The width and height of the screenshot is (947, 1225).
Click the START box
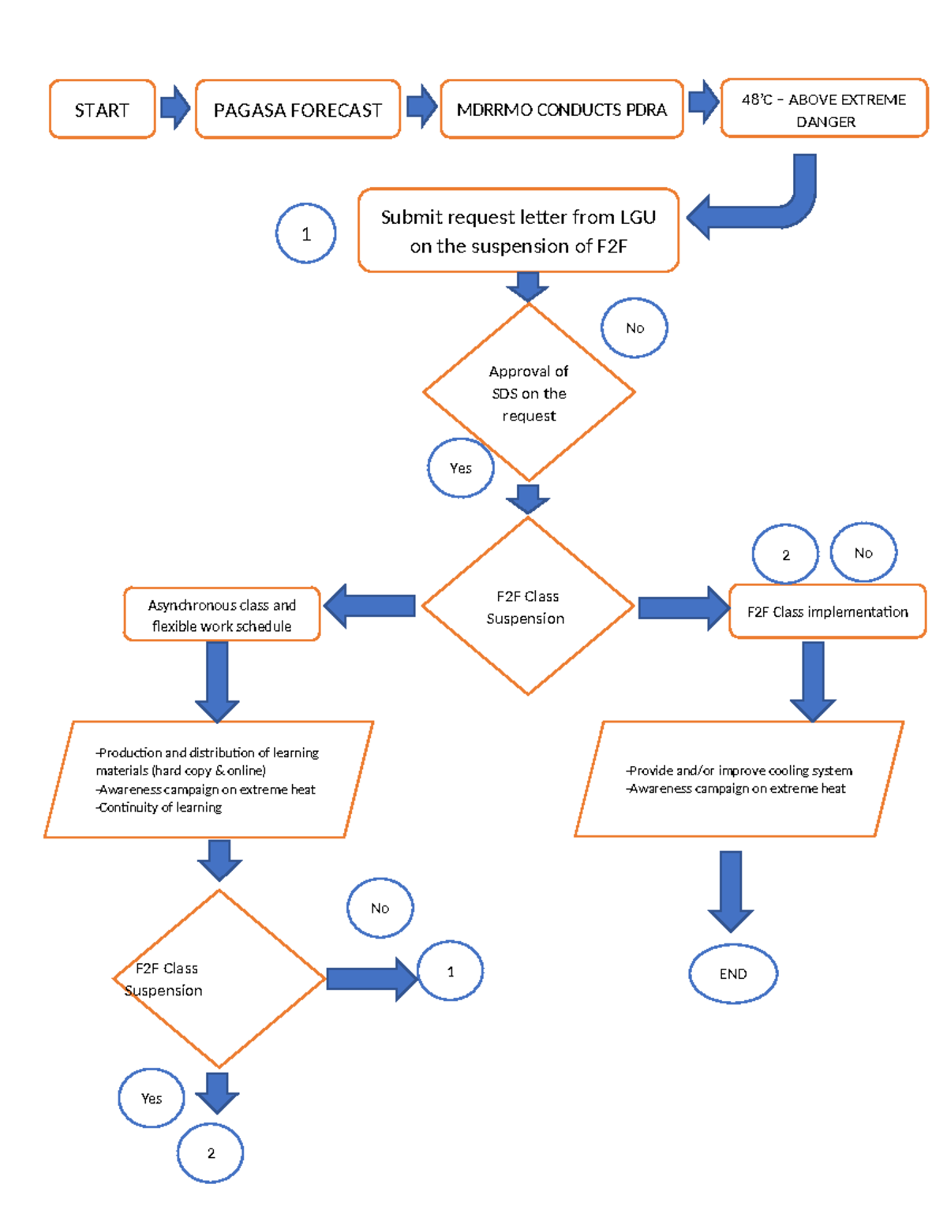tap(102, 110)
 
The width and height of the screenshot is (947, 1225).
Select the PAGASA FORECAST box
tap(298, 110)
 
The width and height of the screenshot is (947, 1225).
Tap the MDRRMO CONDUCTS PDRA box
tap(561, 110)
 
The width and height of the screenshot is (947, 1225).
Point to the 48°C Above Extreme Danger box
tap(824, 109)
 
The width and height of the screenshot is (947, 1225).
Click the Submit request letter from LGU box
tap(518, 230)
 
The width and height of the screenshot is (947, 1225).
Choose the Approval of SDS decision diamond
tap(529, 392)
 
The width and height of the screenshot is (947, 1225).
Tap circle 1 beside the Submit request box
tap(306, 233)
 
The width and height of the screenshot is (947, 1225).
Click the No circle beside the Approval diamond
tap(634, 327)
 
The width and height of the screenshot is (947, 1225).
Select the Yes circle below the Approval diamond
tap(461, 468)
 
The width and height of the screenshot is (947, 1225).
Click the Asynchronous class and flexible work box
tap(222, 614)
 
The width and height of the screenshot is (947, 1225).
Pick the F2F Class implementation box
tap(827, 611)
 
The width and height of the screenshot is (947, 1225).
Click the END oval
tap(733, 973)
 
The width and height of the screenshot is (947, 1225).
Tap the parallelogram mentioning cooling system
tap(739, 779)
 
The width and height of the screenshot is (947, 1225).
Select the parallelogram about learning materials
tap(208, 779)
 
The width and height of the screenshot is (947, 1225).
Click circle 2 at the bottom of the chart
tap(211, 1152)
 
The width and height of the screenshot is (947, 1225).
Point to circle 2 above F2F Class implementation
tap(785, 555)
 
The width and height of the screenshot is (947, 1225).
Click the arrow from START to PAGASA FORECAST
tap(175, 107)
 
